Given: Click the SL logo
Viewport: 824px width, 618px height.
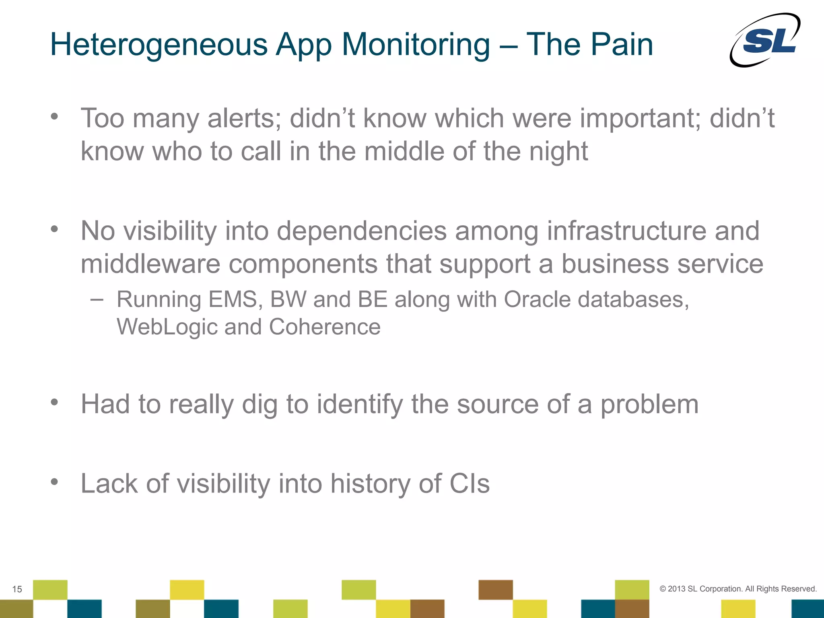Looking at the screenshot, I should coord(765,40).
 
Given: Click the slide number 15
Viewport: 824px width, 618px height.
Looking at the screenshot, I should coord(17,589).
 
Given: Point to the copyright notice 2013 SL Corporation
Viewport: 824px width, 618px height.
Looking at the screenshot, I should coord(738,589).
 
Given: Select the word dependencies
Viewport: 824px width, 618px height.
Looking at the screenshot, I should coord(362,232).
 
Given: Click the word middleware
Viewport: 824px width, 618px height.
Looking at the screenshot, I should coord(150,264).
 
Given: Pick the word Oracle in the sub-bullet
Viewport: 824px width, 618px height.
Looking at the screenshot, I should coord(537,300).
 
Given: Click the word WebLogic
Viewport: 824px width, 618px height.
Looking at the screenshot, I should coord(167,327).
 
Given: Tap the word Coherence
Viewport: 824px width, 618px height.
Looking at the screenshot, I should coord(324,327).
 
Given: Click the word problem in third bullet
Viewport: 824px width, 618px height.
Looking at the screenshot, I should coord(649,405).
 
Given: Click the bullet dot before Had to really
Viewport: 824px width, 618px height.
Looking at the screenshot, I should coord(54,402).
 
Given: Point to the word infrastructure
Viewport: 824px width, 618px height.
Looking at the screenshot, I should coord(626,231).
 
